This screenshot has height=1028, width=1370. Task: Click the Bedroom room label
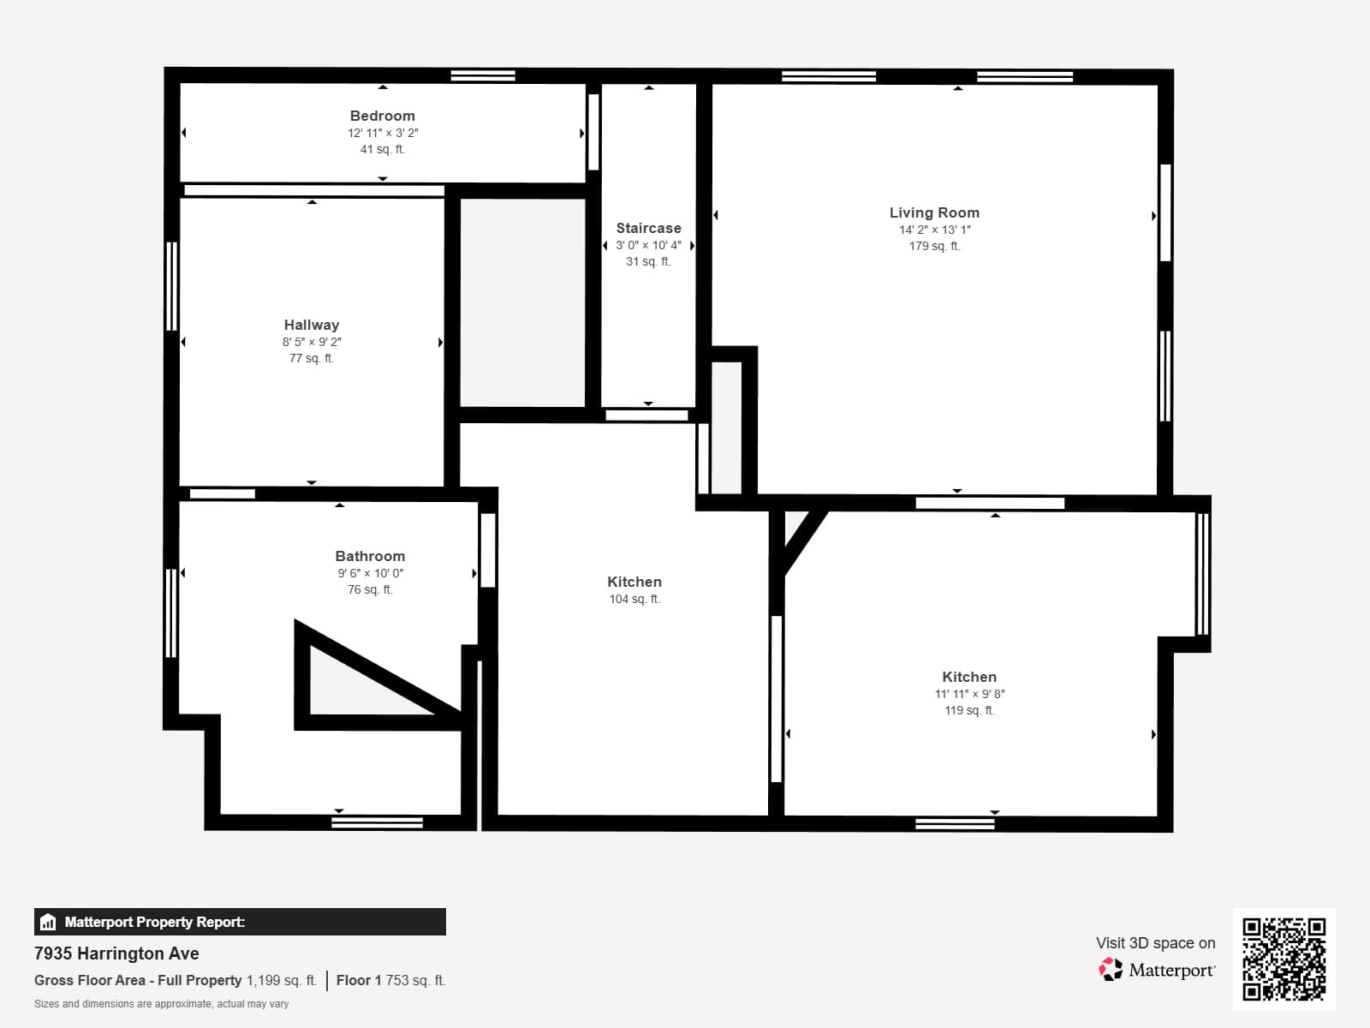point(382,116)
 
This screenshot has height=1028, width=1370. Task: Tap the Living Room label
point(934,212)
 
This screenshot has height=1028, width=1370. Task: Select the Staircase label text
point(648,228)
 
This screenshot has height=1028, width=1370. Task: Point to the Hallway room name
point(312,325)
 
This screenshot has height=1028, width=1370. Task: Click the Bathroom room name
point(370,556)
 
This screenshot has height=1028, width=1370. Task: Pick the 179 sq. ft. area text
point(934,246)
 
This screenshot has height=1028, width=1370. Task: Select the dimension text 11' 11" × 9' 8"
point(969,694)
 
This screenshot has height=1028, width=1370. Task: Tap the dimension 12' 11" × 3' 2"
point(383,133)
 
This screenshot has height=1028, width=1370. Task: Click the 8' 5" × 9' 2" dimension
point(312,342)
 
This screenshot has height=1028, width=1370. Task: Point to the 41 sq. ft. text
point(382,149)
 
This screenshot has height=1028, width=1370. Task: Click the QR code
point(1284,959)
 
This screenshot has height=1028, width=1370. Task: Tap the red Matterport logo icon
point(1111,970)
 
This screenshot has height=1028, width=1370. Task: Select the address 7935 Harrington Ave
point(116,953)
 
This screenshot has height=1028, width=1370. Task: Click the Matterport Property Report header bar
point(240,922)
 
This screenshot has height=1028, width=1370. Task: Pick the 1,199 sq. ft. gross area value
point(282,980)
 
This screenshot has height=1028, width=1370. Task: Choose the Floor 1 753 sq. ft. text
point(390,980)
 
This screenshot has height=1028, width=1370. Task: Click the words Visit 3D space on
point(1155,942)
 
